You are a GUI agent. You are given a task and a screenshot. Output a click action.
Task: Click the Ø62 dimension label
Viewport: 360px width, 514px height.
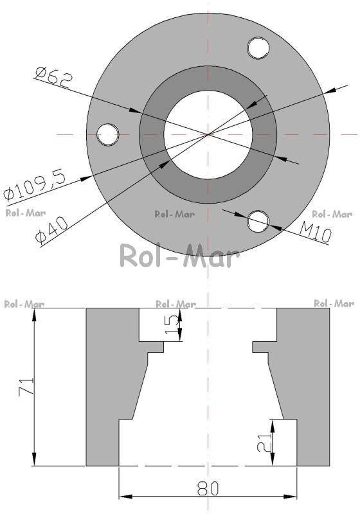click(53, 77)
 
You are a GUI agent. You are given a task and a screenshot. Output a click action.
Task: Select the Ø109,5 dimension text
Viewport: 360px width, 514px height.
click(35, 184)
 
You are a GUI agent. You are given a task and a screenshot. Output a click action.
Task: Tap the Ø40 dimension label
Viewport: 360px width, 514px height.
click(52, 231)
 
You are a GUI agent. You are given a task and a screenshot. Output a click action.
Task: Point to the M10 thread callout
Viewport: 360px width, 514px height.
click(316, 231)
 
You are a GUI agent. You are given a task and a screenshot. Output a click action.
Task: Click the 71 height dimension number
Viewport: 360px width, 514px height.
click(26, 387)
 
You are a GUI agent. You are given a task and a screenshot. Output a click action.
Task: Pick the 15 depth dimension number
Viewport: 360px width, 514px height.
click(171, 324)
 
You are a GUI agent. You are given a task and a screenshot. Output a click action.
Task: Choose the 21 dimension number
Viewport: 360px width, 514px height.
click(264, 443)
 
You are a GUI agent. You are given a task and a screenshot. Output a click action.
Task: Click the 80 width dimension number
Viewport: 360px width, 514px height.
click(208, 489)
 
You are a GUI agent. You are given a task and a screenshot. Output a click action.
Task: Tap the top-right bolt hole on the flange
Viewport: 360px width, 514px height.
click(258, 48)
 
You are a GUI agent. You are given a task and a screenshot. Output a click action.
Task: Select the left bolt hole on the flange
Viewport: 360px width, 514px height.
click(108, 134)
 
